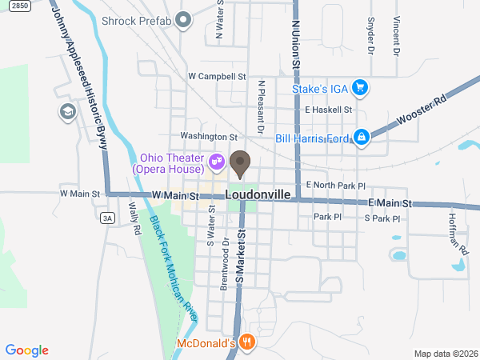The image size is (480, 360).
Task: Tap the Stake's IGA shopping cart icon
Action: coord(361,88)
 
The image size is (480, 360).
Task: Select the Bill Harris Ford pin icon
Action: coord(362,138)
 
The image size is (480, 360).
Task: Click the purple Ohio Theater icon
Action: coord(216,162)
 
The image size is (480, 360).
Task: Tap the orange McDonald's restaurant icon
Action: coord(247,344)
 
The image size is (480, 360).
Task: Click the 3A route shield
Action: coord(107,217)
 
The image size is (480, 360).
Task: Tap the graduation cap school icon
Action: coord(66,111)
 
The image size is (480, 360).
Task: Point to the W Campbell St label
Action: coord(216,77)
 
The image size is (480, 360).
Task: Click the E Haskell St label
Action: coord(322,110)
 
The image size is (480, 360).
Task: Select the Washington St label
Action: coord(209,137)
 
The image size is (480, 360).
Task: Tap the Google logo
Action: coord(27,350)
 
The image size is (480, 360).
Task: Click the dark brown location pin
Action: coord(240,164)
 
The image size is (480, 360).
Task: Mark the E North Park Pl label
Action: coord(336,186)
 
